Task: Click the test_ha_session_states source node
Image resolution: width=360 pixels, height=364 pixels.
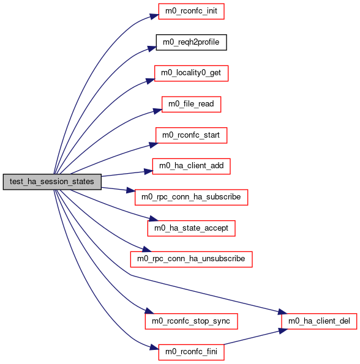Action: tap(52, 182)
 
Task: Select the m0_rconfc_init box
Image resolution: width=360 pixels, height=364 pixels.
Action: tap(191, 11)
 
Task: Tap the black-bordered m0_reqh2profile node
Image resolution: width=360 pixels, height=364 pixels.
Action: tap(191, 42)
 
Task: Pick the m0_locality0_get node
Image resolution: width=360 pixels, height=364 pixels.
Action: tap(191, 73)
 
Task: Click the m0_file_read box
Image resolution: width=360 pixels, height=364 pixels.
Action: tap(191, 104)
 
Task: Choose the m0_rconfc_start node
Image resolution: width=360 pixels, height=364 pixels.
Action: tap(191, 135)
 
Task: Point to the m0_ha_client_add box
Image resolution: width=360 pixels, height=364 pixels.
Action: tap(191, 166)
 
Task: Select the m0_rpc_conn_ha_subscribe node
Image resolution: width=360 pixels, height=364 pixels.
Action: tap(191, 197)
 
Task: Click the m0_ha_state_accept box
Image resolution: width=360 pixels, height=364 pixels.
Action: tap(191, 228)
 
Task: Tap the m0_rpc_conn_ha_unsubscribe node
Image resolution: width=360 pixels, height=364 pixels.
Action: tap(191, 259)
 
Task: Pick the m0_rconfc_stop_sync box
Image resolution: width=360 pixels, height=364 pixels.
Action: tap(191, 321)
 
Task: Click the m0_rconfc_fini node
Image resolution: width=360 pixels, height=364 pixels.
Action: tap(191, 352)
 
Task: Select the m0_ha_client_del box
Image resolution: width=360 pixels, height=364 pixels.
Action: tap(319, 321)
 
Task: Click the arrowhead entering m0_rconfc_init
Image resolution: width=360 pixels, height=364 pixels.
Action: tap(154, 17)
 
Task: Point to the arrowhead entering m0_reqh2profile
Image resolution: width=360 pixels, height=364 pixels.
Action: tap(152, 48)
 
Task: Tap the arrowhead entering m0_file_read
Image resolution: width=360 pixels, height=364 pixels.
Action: tap(157, 111)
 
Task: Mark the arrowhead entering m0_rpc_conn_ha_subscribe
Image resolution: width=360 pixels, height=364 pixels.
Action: tap(130, 190)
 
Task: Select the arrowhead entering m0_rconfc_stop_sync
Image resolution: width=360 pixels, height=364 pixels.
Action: tap(149, 311)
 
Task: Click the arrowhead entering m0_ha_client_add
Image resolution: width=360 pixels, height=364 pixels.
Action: tap(148, 171)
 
